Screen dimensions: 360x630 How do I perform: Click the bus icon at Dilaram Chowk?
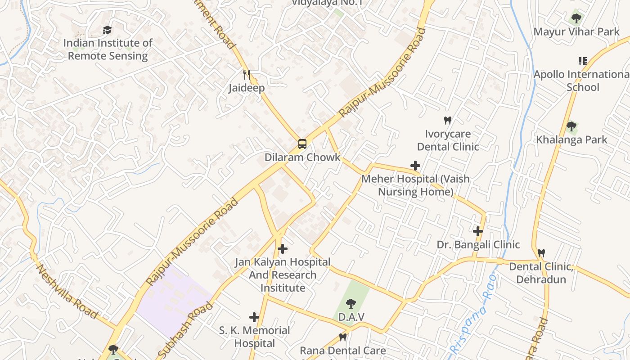[x=302, y=144]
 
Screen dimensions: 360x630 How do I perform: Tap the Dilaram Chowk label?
[x=302, y=157]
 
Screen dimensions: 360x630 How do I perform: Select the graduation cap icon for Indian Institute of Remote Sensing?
[x=107, y=30]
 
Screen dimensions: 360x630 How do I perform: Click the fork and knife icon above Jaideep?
[x=246, y=74]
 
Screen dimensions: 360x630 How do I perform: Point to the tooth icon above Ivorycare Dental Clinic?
[x=447, y=120]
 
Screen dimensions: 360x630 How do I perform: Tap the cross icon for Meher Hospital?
[x=415, y=166]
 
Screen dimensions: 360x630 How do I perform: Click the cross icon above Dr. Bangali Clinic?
[x=478, y=231]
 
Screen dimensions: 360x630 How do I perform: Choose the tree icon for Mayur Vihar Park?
[x=576, y=18]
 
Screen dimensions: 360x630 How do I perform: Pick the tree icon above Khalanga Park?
[x=571, y=126]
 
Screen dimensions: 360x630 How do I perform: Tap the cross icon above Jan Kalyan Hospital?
[x=283, y=248]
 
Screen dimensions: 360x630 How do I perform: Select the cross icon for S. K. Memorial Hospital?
[x=254, y=317]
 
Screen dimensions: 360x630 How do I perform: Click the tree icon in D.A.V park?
[x=351, y=304]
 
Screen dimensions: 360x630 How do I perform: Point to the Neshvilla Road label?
[x=67, y=292]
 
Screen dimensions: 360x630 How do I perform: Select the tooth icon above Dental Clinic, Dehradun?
[x=541, y=253]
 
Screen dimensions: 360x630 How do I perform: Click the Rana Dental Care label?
[x=342, y=351]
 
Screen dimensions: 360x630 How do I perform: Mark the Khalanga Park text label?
[x=571, y=139]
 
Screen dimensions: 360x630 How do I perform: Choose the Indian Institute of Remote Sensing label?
[x=108, y=49]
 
